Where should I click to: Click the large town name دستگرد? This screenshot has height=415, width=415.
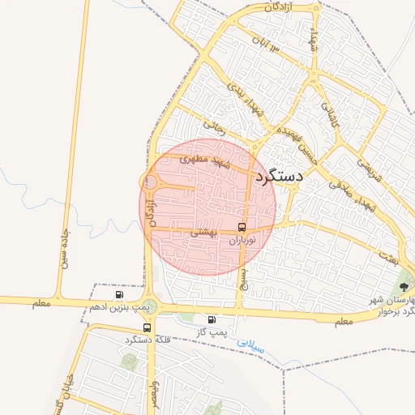click(278, 176)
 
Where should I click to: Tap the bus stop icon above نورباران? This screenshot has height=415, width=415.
click(242, 227)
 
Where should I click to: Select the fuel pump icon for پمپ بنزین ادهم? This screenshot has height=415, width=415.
click(120, 294)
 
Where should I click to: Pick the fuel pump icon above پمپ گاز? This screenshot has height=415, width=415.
click(212, 320)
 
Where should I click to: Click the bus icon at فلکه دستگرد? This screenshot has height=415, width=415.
click(147, 327)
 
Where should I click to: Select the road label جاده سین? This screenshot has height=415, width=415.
click(65, 246)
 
